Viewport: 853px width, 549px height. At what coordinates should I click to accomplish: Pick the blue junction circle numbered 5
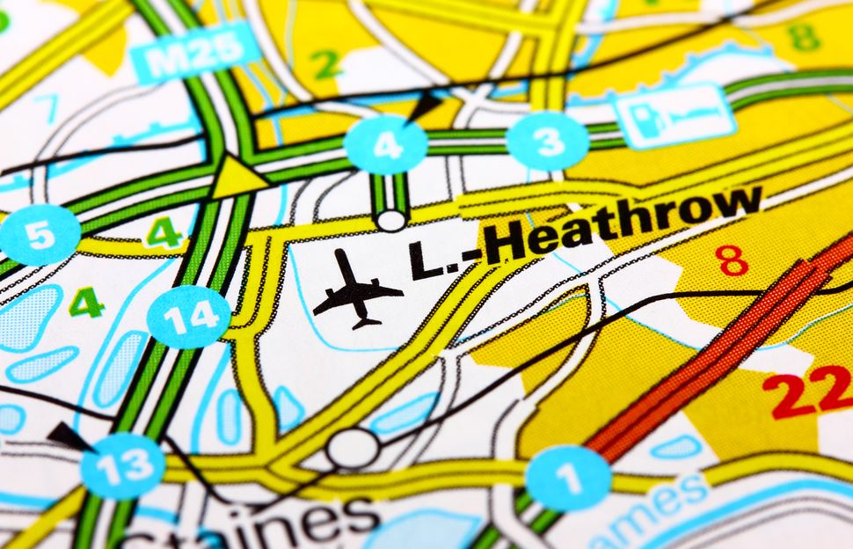click(39, 235)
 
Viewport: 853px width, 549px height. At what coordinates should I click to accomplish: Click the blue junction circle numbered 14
click(188, 316)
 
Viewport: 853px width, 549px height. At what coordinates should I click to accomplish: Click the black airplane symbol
click(356, 290)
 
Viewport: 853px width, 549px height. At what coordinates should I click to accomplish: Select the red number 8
click(732, 260)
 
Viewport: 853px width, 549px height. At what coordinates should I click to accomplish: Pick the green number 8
click(804, 37)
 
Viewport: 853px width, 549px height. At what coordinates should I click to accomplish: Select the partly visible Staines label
click(290, 525)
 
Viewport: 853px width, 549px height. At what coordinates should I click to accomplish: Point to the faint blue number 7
click(46, 109)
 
